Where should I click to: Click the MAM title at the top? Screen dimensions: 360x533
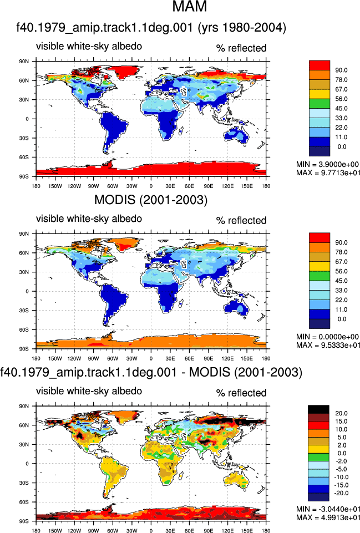click(190, 7)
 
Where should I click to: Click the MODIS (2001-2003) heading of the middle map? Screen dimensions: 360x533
click(150, 200)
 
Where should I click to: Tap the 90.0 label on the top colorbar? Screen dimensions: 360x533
click(341, 70)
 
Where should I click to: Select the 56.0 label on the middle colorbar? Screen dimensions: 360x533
click(341, 271)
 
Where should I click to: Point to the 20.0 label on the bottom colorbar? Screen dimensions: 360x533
click(341, 413)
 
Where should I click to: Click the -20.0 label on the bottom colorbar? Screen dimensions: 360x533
click(340, 493)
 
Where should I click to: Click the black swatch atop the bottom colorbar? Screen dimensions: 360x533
click(318, 409)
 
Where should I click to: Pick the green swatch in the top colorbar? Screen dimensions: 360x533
click(320, 104)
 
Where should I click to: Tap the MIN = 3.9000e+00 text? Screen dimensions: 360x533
click(327, 165)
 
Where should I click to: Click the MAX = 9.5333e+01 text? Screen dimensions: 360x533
click(328, 345)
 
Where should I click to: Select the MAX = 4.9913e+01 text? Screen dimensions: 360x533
click(328, 517)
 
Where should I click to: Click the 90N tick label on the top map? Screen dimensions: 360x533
click(24, 62)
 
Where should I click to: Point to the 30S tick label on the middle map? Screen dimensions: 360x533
click(24, 311)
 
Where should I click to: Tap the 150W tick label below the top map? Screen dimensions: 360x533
click(55, 186)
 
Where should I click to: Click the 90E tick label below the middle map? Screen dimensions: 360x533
click(209, 358)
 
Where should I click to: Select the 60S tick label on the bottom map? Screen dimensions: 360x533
click(24, 502)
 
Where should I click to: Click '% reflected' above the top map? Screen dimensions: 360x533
click(241, 48)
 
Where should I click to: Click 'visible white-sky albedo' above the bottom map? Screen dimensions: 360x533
click(89, 391)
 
